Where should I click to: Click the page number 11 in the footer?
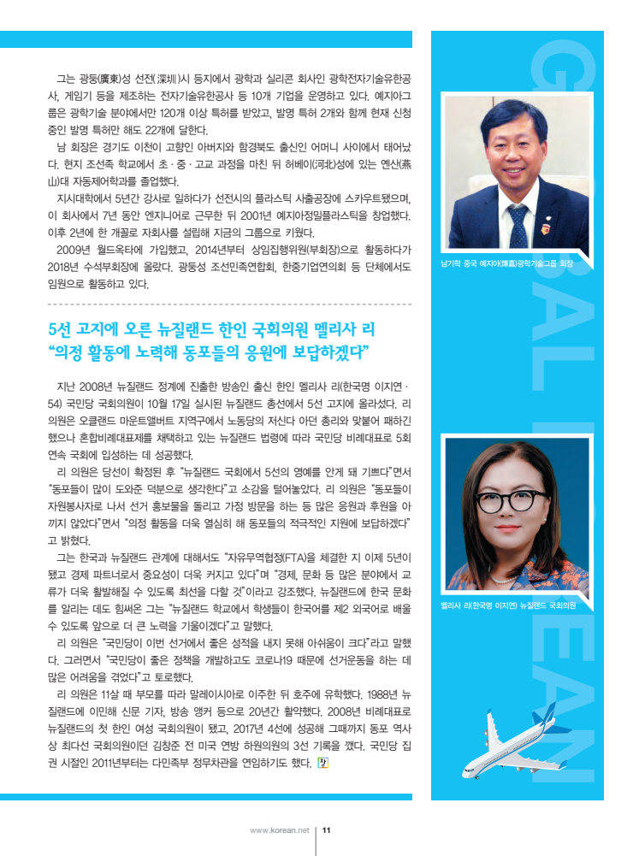point(326,829)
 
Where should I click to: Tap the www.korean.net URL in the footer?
point(279,829)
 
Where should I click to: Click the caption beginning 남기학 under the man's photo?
point(506,265)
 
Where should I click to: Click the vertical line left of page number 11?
point(316,840)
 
